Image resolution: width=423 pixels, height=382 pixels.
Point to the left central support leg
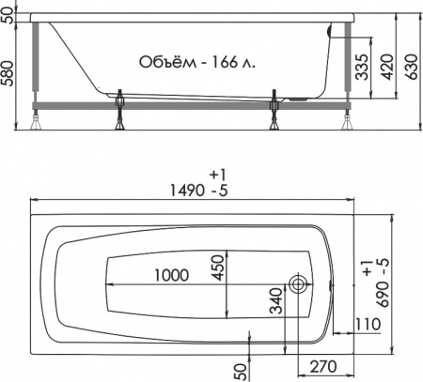click(122, 111)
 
